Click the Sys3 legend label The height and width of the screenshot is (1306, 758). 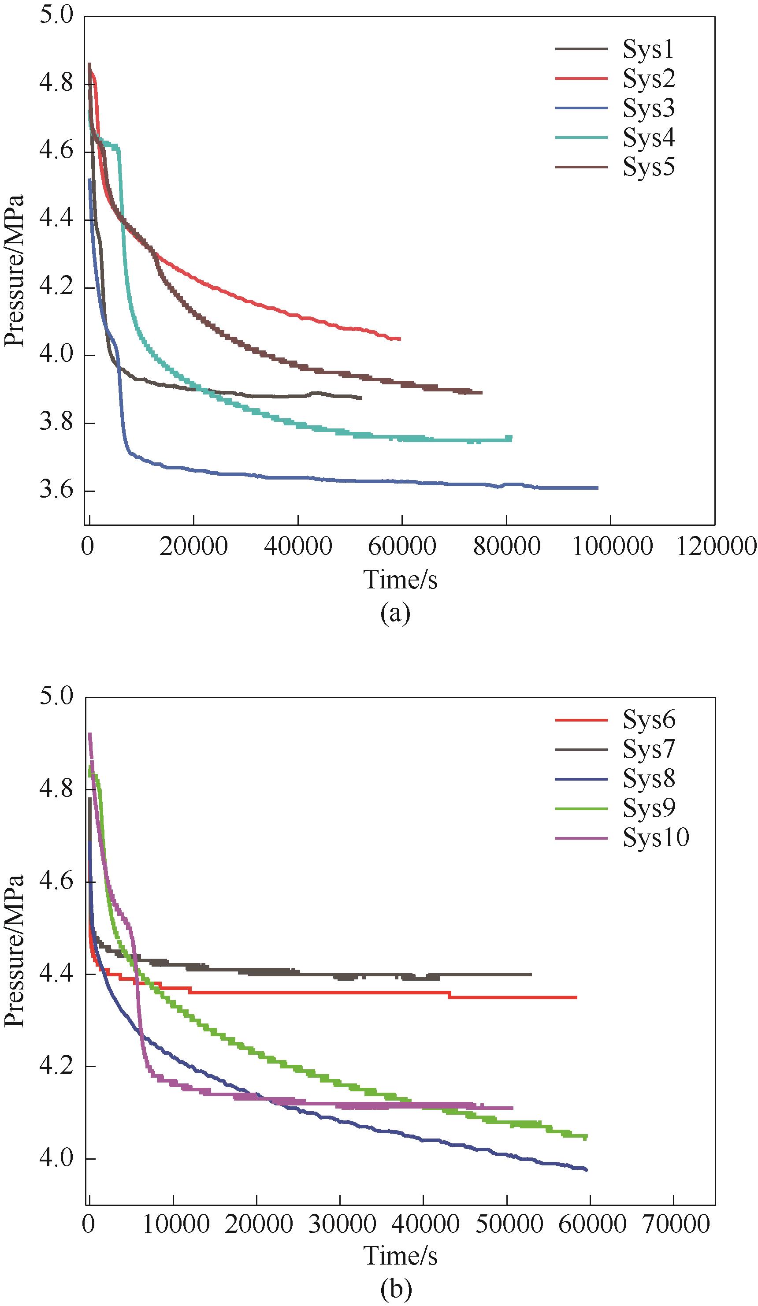coord(648,108)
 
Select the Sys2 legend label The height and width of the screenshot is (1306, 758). coord(648,79)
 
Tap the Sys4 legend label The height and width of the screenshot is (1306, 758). coord(648,138)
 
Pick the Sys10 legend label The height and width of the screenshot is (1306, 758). coord(655,837)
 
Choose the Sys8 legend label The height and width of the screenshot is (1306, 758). coord(648,778)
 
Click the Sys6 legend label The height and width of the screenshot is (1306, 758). coord(648,719)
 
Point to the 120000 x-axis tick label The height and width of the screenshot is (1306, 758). coord(716,546)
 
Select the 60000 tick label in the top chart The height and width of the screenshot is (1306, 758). coord(402,546)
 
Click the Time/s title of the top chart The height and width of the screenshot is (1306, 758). coord(400,580)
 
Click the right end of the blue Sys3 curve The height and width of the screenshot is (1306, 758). coord(598,487)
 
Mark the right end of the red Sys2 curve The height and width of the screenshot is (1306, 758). coord(400,339)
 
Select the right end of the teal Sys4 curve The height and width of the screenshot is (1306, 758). coord(511,439)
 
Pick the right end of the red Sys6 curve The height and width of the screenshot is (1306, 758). coord(576,997)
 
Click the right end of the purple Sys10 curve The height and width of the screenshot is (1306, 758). coord(513,1108)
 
